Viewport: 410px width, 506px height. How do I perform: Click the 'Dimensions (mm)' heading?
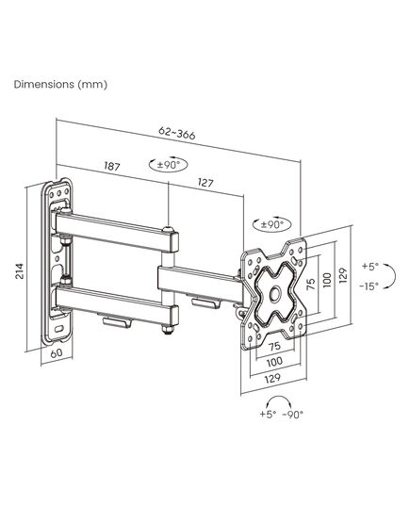point(60,85)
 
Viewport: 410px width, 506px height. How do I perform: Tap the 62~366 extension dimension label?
point(177,133)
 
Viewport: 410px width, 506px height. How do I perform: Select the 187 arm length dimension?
point(112,166)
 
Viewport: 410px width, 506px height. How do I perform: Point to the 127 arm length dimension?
point(205,183)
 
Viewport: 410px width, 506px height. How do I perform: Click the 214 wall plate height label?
point(20,271)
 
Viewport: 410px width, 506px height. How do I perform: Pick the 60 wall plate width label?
point(57,352)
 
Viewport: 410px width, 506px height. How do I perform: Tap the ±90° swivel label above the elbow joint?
point(168,165)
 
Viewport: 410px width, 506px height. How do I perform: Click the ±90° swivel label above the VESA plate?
point(272,224)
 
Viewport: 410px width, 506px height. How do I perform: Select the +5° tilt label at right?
point(369,267)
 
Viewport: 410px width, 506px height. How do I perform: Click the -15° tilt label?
point(369,286)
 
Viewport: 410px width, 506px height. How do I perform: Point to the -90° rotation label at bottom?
point(293,414)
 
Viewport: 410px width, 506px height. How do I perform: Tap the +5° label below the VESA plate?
point(268,414)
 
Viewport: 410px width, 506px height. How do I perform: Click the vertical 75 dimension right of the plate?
point(311,284)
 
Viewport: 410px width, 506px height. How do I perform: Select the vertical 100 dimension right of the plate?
point(327,280)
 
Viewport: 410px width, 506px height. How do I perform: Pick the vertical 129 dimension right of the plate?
point(343,275)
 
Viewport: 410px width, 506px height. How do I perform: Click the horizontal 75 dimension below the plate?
point(274,347)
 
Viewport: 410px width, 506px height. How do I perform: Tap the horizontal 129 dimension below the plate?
point(272,378)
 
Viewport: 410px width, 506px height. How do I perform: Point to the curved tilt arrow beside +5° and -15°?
point(391,276)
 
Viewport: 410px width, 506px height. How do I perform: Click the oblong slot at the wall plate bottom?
point(59,329)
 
